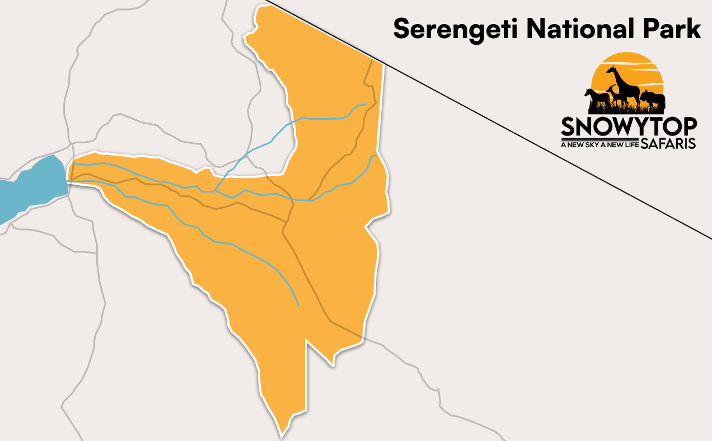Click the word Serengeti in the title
[456, 29]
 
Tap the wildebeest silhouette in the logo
[653, 100]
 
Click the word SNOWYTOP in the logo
[629, 126]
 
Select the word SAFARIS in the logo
[668, 144]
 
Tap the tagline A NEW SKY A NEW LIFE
[599, 144]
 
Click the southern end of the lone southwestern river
[298, 304]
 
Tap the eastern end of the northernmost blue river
[366, 104]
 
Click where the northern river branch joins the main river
[216, 191]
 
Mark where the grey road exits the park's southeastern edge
[362, 339]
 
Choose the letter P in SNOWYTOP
[688, 126]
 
